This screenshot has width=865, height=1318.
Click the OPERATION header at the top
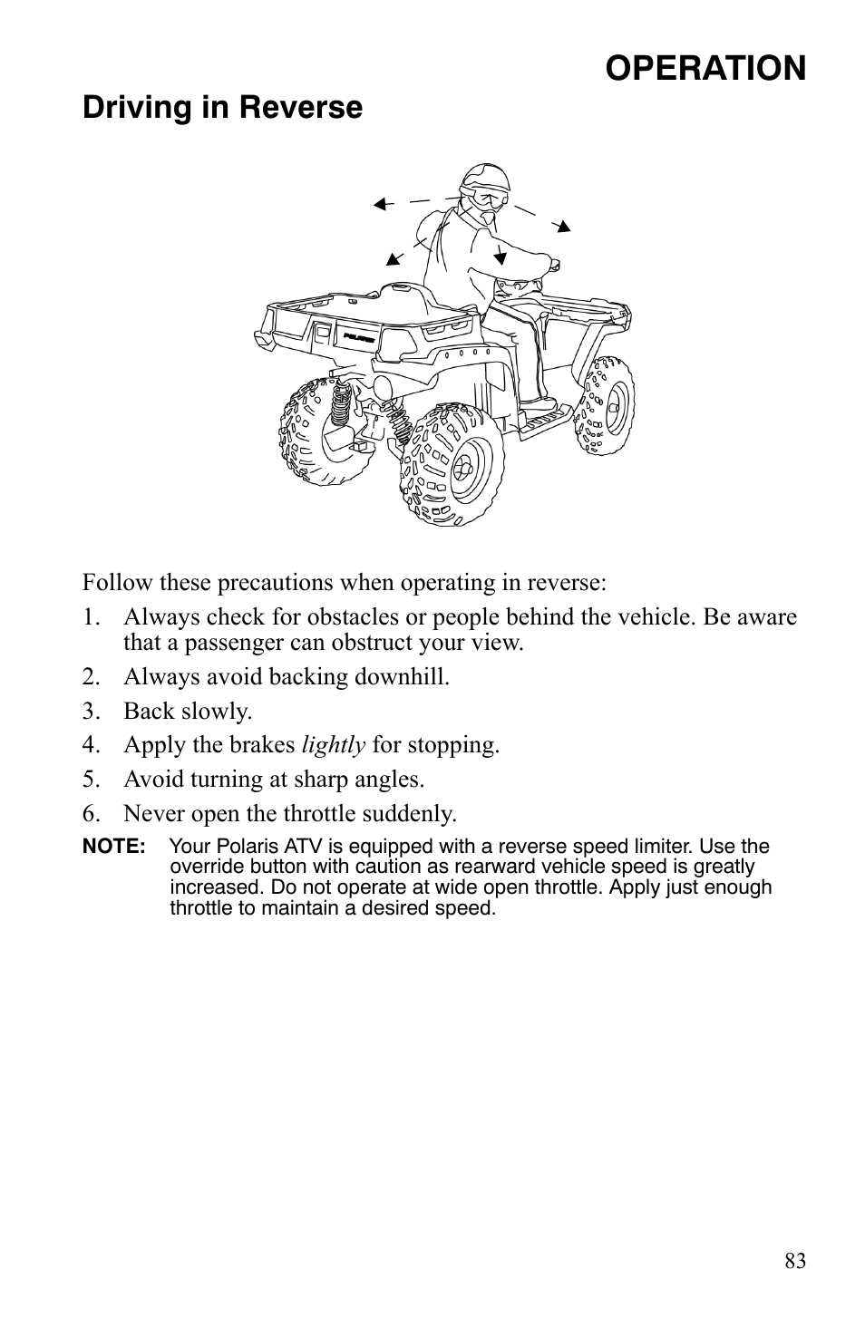705,68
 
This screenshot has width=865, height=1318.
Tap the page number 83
794,1261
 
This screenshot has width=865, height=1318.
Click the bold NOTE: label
114,847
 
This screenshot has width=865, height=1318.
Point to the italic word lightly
334,745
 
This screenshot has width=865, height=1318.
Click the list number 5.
89,780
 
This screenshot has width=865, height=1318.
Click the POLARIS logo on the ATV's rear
359,338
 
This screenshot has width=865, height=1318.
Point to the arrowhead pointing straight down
500,257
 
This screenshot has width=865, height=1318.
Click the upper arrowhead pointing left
381,205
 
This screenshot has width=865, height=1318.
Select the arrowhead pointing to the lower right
565,227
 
